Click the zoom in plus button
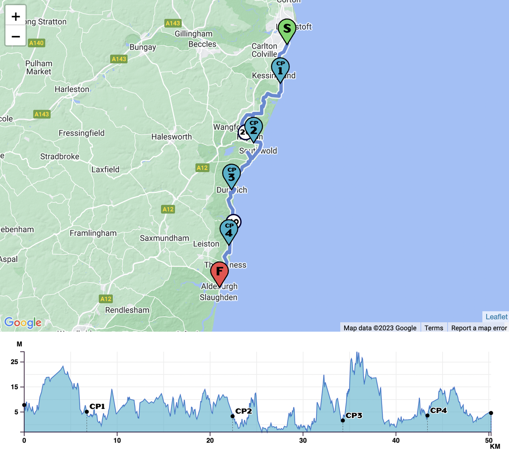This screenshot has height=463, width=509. pyautogui.click(x=16, y=16)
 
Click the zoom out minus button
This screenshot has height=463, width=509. pyautogui.click(x=16, y=36)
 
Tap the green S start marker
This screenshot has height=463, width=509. pyautogui.click(x=287, y=29)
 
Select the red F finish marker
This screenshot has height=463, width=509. pyautogui.click(x=219, y=272)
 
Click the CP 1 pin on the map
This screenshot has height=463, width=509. pyautogui.click(x=280, y=68)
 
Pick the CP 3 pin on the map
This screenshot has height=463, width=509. pyautogui.click(x=231, y=175)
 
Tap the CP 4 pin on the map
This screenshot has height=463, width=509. pyautogui.click(x=229, y=230)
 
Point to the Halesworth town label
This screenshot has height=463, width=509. pyautogui.click(x=172, y=137)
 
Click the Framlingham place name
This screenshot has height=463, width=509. pyautogui.click(x=93, y=233)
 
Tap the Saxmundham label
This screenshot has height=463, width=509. pyautogui.click(x=164, y=238)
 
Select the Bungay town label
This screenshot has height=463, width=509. pyautogui.click(x=143, y=47)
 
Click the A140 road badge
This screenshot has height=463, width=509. pyautogui.click(x=36, y=43)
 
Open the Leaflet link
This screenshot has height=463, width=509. pyautogui.click(x=496, y=317)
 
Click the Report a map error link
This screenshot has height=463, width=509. pyautogui.click(x=479, y=328)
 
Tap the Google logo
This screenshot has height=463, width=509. pyautogui.click(x=23, y=322)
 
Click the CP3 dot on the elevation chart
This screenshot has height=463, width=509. pyautogui.click(x=343, y=420)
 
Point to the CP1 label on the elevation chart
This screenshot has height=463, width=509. pyautogui.click(x=97, y=406)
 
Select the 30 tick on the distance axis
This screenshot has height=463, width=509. pyautogui.click(x=303, y=440)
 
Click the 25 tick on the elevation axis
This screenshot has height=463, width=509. pyautogui.click(x=15, y=362)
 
